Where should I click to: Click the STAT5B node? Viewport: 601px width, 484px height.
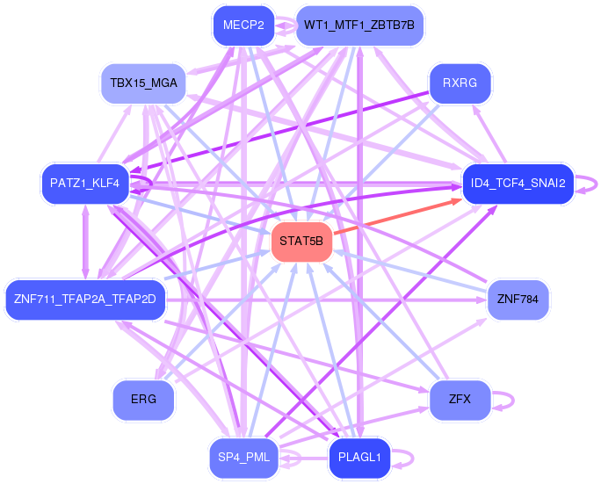(301, 242)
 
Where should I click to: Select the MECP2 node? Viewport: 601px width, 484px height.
(243, 25)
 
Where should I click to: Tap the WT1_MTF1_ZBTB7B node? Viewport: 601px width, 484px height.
(359, 25)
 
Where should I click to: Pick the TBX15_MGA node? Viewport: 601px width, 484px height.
(143, 83)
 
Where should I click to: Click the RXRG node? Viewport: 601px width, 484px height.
(460, 83)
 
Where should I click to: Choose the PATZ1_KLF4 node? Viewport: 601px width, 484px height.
(85, 184)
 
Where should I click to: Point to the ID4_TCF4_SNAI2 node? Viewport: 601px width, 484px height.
(518, 184)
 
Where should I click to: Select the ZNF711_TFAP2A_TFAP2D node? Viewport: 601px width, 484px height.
(85, 299)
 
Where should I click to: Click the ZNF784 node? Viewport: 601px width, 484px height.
(518, 299)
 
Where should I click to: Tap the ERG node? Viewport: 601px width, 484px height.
(143, 400)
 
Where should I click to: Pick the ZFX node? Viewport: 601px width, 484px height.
(460, 400)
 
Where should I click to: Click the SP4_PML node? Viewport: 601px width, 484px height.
(243, 457)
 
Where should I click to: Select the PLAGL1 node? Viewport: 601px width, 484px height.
(359, 457)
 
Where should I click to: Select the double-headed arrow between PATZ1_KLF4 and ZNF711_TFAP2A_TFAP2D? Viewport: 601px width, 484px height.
(85, 242)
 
